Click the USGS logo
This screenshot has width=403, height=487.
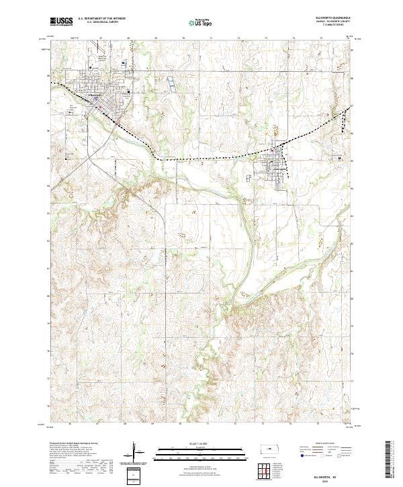click(x=61, y=21)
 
